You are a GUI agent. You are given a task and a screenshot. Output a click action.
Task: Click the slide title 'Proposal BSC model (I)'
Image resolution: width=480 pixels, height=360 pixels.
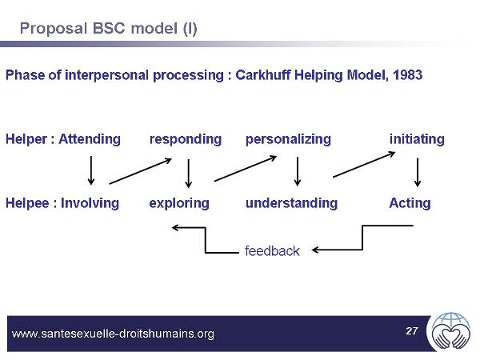tap(108, 29)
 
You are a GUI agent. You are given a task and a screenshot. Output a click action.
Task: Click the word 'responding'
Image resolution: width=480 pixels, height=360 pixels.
tap(186, 139)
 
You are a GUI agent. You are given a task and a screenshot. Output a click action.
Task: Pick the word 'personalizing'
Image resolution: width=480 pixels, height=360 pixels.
tap(288, 139)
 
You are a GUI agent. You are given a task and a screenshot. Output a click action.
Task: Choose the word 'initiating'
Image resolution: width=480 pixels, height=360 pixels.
tap(417, 139)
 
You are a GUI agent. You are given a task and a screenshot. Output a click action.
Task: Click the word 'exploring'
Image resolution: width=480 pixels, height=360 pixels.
tap(179, 203)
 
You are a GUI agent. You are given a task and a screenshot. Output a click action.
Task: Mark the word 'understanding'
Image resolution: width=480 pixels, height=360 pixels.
tap(291, 203)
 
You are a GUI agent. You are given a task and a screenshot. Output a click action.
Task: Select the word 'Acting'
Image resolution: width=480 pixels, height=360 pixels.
tap(410, 203)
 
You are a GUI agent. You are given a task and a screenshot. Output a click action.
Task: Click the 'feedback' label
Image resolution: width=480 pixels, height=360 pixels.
tap(272, 251)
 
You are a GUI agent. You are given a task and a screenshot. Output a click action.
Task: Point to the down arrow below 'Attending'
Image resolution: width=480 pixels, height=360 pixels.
tap(91, 170)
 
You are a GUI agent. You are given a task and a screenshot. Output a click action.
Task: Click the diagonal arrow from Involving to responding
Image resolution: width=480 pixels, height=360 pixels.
tap(141, 170)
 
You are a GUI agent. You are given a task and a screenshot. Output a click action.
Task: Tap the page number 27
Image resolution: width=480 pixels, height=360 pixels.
tap(412, 330)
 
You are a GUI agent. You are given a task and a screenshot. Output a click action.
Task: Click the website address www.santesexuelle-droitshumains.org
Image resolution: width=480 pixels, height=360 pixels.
tap(114, 334)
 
